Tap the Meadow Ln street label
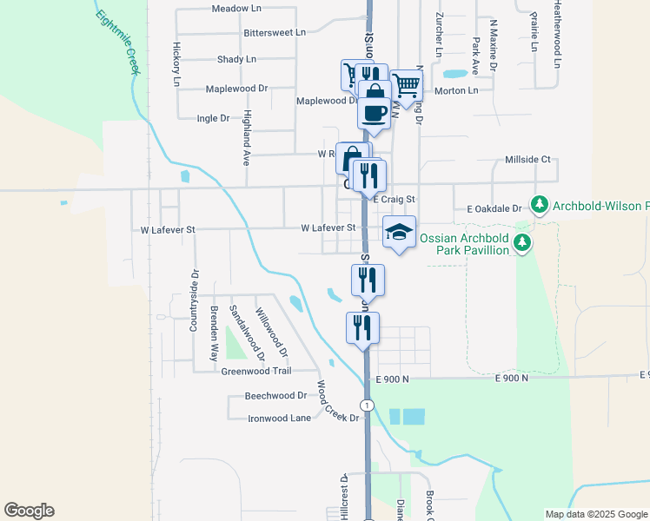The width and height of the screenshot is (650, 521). (236, 9)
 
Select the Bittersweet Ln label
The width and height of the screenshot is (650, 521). (275, 32)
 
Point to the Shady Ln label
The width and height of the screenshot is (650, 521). (237, 60)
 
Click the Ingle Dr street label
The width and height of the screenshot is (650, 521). (213, 118)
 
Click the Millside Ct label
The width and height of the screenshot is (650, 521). (528, 160)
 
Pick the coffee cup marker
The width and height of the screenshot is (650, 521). (374, 113)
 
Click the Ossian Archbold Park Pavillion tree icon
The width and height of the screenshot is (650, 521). (522, 243)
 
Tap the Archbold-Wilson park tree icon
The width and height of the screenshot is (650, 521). (540, 205)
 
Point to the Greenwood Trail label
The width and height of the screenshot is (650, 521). (256, 371)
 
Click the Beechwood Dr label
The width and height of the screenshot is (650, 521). (276, 395)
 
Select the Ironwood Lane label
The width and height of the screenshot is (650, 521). (279, 418)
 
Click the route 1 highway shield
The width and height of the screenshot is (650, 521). (368, 406)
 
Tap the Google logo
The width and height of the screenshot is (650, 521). (29, 511)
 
